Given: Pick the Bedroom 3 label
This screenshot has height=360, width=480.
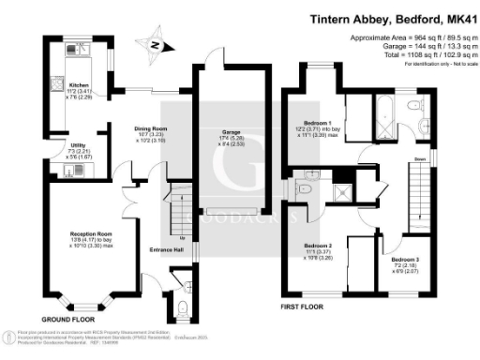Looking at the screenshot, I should (407, 259).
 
